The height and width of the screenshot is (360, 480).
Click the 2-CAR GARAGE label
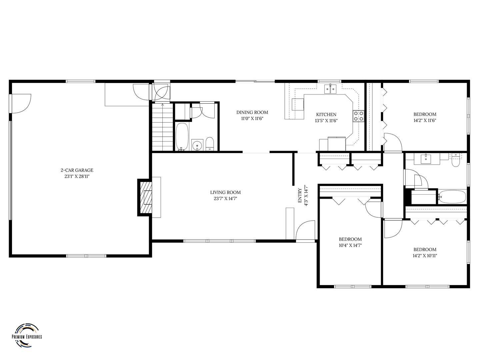(x=77, y=170)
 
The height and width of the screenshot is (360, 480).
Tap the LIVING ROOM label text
(x=225, y=192)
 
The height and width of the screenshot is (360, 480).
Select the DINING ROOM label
(x=252, y=112)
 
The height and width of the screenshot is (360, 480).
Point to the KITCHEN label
(x=326, y=114)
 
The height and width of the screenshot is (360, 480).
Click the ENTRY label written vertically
(x=300, y=195)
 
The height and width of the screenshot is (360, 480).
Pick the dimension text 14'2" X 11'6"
(x=425, y=120)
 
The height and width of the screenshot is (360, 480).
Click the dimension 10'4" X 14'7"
(x=350, y=245)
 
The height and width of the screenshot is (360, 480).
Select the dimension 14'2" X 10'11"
(x=425, y=256)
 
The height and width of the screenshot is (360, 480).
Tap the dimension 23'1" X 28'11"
(x=77, y=176)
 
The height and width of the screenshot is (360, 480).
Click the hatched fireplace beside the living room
(x=145, y=197)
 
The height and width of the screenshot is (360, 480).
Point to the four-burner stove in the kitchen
(x=358, y=116)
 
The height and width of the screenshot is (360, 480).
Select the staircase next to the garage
(x=162, y=127)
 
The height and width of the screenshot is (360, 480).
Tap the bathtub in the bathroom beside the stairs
(x=182, y=137)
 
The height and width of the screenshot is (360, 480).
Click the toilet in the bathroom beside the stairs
(x=209, y=144)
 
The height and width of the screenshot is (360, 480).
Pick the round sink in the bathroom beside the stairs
(x=197, y=145)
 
